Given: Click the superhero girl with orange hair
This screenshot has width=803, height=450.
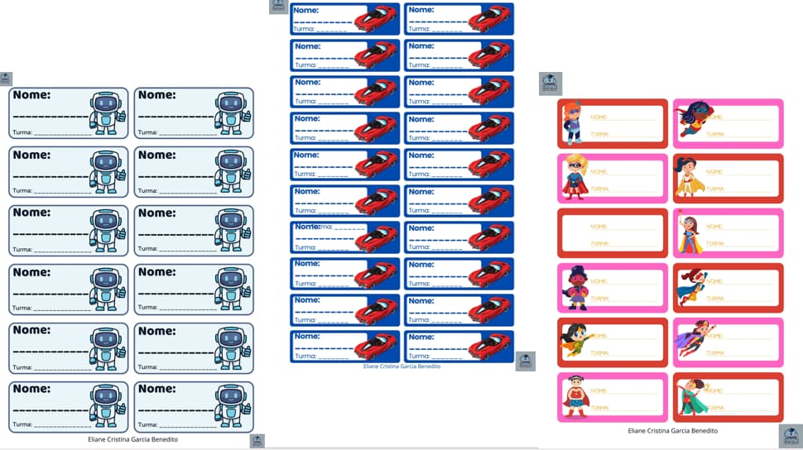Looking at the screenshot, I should pos(573,122).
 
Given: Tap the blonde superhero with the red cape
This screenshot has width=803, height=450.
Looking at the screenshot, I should pos(573,176).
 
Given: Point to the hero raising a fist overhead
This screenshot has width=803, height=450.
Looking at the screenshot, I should pos(690,232).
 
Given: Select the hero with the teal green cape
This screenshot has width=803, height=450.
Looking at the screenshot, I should pos(690,395).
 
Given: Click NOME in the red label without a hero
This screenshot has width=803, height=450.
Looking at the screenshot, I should pos(599,226).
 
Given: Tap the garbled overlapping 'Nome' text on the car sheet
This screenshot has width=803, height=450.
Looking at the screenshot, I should pos(315,227).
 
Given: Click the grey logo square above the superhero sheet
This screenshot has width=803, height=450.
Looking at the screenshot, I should pos(551,83).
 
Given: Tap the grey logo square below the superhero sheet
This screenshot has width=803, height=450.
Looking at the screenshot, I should pos(791,436).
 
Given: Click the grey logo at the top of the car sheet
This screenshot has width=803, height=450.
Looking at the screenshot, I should pos(278,6).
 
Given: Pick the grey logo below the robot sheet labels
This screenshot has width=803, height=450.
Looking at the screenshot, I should pos(257,442).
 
